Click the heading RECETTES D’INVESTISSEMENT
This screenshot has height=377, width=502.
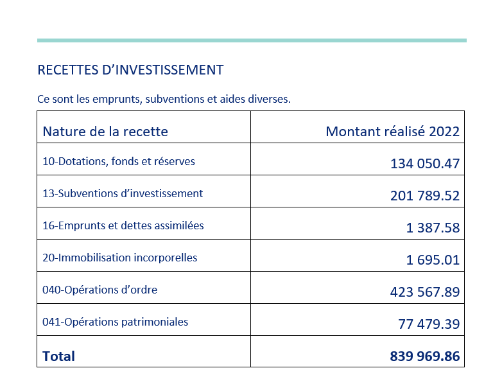point(130,70)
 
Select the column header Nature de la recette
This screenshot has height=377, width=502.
point(105,131)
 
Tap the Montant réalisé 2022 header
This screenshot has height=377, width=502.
point(392,131)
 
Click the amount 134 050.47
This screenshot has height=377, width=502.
point(425,163)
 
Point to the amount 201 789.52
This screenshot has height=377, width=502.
point(425,195)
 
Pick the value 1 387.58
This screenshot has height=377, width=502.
point(433,227)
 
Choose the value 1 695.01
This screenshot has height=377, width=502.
point(433,259)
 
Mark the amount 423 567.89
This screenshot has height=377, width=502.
point(425,292)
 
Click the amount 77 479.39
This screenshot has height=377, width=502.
point(429,324)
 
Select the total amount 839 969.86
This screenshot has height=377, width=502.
point(425,356)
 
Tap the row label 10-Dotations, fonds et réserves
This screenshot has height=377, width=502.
point(119,161)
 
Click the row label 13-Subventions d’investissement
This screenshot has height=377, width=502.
point(123,193)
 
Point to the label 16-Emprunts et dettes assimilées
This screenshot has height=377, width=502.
point(123,225)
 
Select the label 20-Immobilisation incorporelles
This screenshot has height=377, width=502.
point(120,258)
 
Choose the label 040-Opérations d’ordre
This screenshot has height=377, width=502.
point(100,290)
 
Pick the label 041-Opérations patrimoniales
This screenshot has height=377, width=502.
point(116,322)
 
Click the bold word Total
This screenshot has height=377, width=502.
point(58,356)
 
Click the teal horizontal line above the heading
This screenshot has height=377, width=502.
point(252,40)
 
